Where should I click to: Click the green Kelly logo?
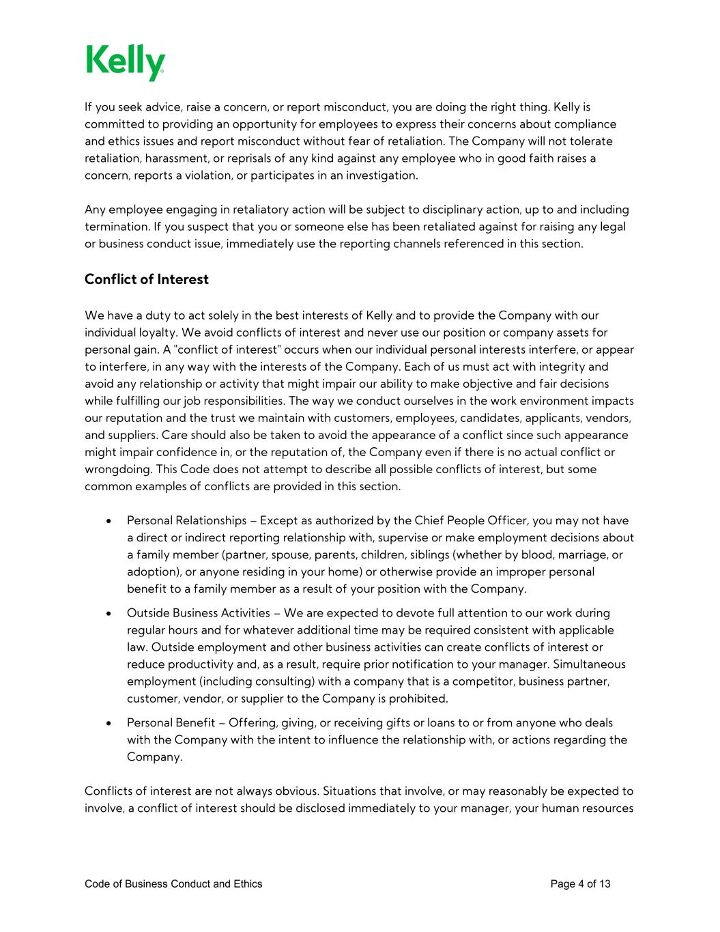click(x=126, y=62)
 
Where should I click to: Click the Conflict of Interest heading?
click(x=146, y=279)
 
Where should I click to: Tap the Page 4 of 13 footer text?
click(x=580, y=884)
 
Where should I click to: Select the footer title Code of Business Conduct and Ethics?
click(x=173, y=884)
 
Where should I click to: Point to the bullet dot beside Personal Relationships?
click(x=109, y=521)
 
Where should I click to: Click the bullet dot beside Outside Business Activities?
click(x=109, y=613)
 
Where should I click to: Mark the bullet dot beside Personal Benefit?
click(x=109, y=722)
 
